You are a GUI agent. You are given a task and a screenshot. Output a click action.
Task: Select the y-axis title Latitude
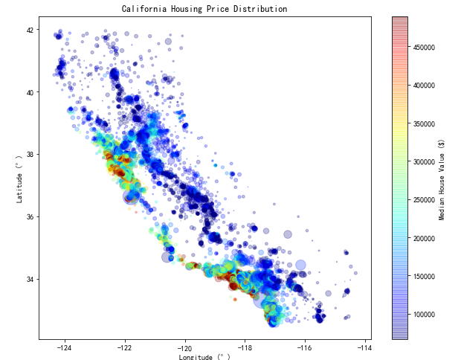tap(21, 178)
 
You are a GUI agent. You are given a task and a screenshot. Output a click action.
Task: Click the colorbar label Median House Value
tap(442, 179)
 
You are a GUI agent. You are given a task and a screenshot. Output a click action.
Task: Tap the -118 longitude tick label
tap(245, 347)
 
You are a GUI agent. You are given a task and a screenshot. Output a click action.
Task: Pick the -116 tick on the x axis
tap(305, 347)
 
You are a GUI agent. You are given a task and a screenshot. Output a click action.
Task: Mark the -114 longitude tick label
tap(365, 347)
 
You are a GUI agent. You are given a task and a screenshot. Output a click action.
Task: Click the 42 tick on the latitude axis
tap(30, 30)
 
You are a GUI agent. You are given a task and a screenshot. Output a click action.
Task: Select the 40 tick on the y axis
tap(30, 92)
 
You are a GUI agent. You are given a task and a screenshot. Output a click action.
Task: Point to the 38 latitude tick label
tap(30, 155)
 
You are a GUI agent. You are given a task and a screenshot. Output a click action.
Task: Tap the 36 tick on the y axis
tap(30, 217)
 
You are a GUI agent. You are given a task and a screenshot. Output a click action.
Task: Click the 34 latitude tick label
tap(30, 280)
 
